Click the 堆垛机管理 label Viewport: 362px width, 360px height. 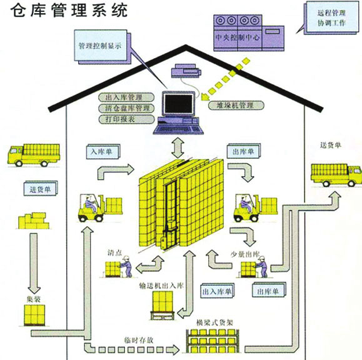(234, 106)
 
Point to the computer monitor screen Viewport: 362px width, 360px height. (178, 106)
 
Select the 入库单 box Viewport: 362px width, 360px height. (102, 151)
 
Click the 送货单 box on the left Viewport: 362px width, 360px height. (41, 188)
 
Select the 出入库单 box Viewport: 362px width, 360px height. (216, 290)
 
